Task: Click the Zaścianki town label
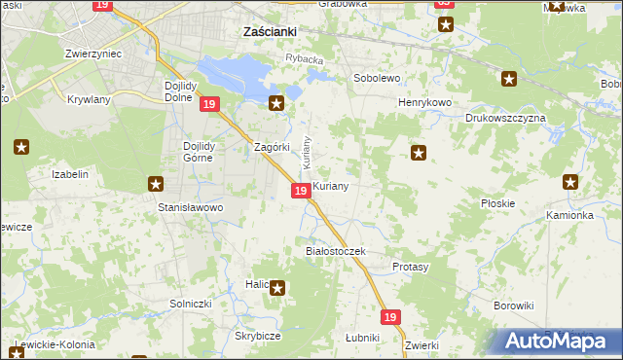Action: (x=269, y=31)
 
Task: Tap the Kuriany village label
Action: (x=331, y=184)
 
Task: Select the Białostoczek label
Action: (x=335, y=251)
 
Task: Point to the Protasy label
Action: (x=410, y=266)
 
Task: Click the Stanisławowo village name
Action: (x=191, y=207)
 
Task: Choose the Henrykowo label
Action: (x=421, y=102)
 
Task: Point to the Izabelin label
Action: (x=70, y=174)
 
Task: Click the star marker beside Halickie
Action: (x=277, y=287)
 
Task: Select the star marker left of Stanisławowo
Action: (x=155, y=183)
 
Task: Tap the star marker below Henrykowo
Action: (x=419, y=152)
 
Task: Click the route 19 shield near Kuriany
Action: (x=301, y=191)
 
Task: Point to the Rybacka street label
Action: (x=304, y=58)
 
